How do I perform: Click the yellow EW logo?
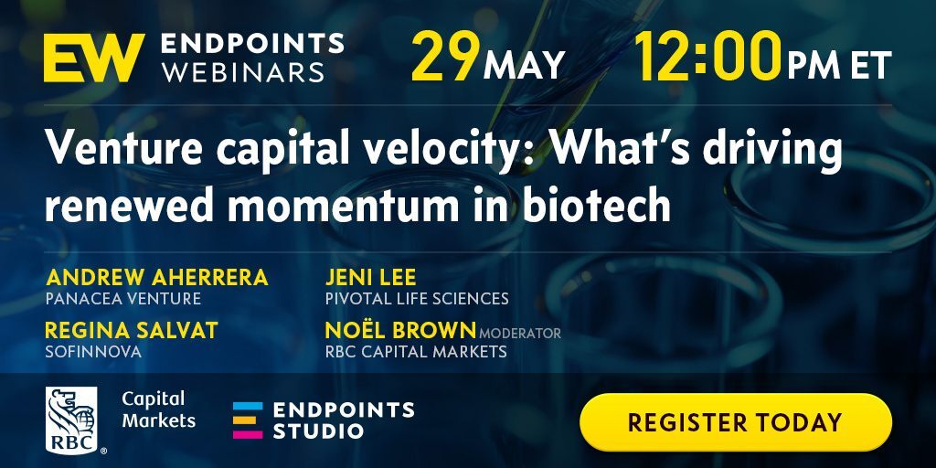coord(94,58)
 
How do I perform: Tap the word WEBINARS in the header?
coord(244,71)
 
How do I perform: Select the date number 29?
coord(445,58)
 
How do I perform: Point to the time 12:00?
coord(708,58)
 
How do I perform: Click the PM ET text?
coord(839,65)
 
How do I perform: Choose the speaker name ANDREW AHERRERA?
coord(157,278)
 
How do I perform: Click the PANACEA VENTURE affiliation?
coord(123,299)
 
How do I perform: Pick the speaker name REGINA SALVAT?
coord(132,330)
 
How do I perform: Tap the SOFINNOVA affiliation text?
coord(93,352)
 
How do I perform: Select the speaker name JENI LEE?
coord(371,278)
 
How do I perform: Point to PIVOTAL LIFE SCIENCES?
coord(417,299)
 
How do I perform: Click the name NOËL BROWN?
coord(400,329)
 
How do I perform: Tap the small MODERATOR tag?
coord(520,333)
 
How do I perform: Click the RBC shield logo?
coord(71,420)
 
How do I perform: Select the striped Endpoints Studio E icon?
coord(248,420)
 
